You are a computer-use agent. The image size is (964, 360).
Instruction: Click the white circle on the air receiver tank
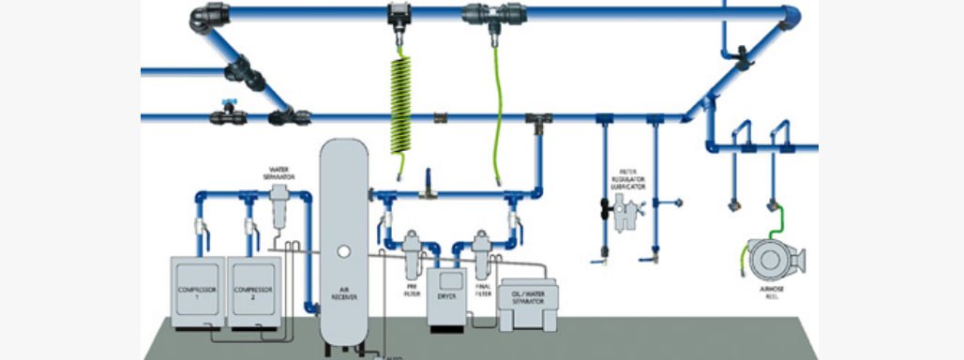tap(344, 250)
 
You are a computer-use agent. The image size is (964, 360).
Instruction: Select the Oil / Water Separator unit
tap(530, 305)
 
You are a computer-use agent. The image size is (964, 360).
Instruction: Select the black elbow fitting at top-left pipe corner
tap(203, 16)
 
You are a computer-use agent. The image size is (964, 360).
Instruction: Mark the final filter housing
tap(482, 250)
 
